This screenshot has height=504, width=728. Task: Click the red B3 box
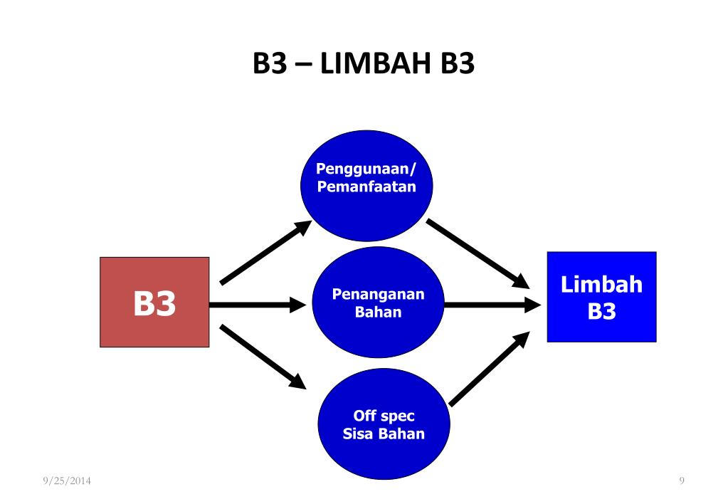[x=154, y=302]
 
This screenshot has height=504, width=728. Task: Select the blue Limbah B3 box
[x=602, y=297]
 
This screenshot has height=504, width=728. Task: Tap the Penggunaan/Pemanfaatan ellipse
[x=366, y=186]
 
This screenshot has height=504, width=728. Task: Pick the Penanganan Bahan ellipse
[x=379, y=303]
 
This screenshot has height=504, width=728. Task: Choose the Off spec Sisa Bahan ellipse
[x=384, y=424]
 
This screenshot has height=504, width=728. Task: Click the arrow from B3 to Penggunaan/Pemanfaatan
[x=265, y=252]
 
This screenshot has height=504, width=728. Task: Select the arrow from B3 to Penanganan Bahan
[x=258, y=305]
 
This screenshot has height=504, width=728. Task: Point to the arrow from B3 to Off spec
[x=263, y=357]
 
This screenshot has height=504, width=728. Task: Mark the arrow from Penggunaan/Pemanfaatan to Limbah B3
[x=478, y=253]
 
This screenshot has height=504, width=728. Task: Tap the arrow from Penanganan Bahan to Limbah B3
[x=493, y=305]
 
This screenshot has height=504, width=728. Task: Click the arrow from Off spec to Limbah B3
[x=490, y=369]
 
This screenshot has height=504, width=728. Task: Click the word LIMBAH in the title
[x=376, y=63]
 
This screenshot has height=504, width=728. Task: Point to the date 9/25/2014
[x=67, y=481]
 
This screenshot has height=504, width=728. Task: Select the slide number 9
[x=682, y=481]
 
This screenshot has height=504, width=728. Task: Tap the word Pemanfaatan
[x=366, y=187]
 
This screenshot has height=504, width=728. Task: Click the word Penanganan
[x=379, y=294]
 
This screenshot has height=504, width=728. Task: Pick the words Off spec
[x=384, y=416]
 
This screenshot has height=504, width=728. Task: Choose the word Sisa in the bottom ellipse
[x=357, y=434]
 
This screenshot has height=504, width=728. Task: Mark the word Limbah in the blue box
[x=602, y=284]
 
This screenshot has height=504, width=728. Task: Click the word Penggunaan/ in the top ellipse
[x=366, y=169]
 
